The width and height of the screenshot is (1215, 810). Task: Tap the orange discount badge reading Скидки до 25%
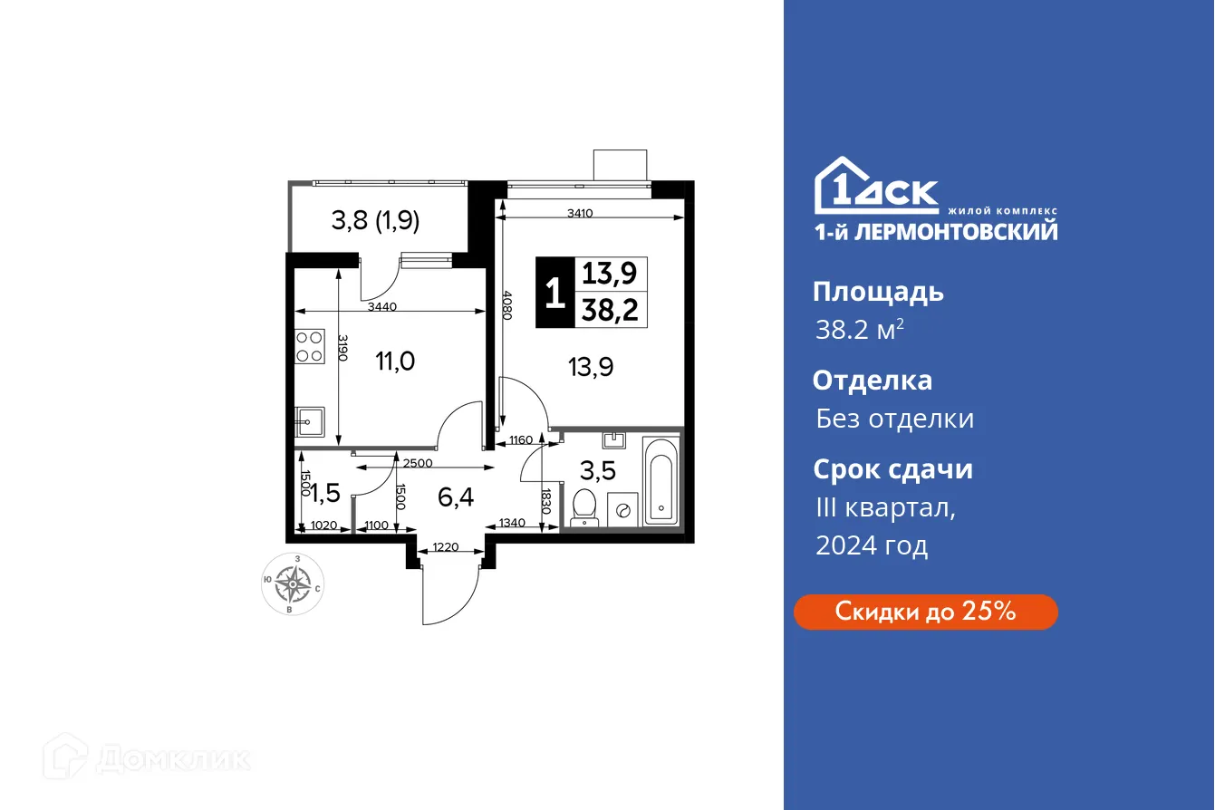[925, 612]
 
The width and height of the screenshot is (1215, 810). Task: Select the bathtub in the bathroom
[660, 481]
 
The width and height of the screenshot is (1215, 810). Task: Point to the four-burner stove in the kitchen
[310, 346]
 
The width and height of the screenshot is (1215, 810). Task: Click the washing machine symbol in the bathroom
[622, 509]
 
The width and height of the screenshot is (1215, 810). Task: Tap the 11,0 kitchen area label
[395, 362]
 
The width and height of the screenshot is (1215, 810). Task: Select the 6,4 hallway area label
[457, 497]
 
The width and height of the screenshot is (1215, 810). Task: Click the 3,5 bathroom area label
[598, 471]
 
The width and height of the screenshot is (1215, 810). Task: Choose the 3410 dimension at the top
[581, 214]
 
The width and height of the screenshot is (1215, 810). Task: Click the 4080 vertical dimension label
[507, 305]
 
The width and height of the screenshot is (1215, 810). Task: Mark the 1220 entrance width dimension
[445, 547]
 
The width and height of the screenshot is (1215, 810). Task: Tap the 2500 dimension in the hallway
[417, 463]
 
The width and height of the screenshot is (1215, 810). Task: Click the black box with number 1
[554, 293]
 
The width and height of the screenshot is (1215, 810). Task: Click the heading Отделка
[872, 380]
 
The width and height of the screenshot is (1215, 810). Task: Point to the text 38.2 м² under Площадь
[859, 331]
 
